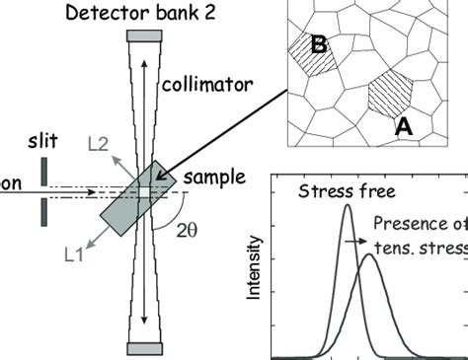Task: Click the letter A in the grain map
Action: (402, 124)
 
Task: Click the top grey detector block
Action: (141, 36)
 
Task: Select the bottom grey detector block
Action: (139, 347)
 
